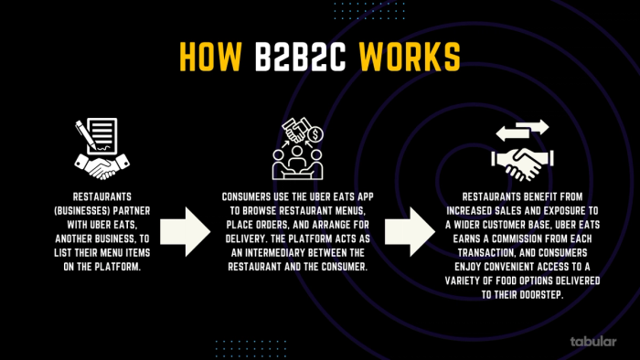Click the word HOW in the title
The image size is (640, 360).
214,56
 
